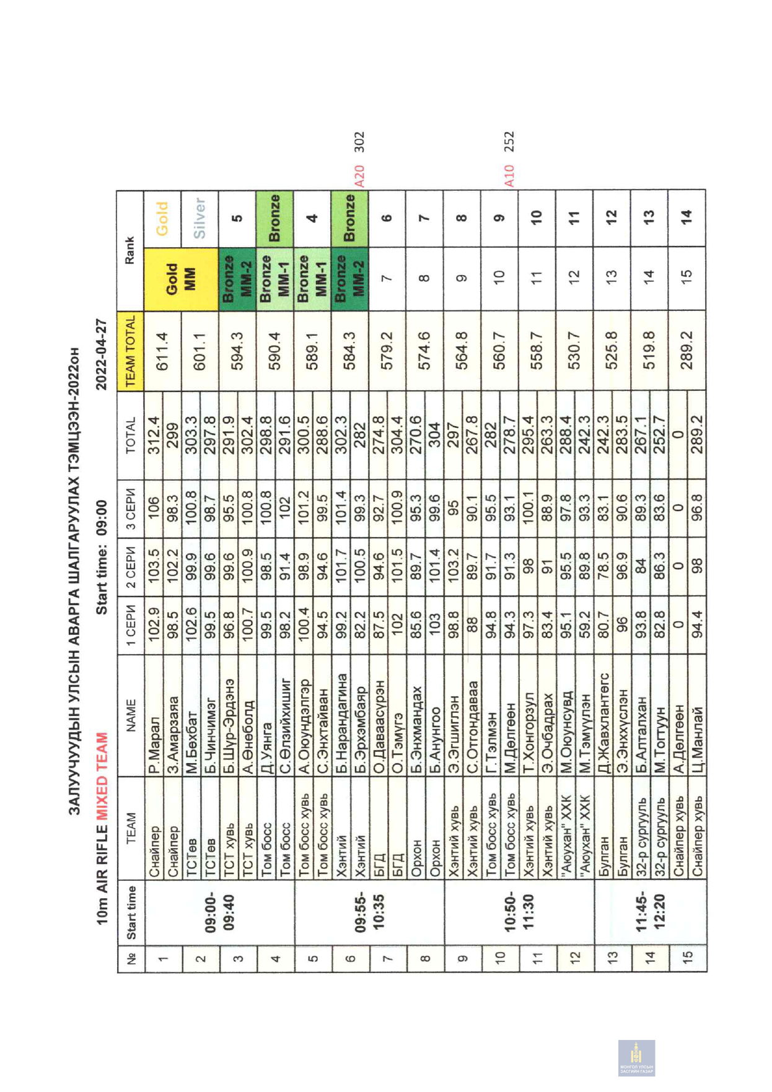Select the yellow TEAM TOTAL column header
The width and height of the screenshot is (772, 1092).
tap(131, 352)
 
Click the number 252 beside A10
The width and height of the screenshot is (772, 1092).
tap(509, 142)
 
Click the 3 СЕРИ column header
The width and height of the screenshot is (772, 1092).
tap(131, 512)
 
